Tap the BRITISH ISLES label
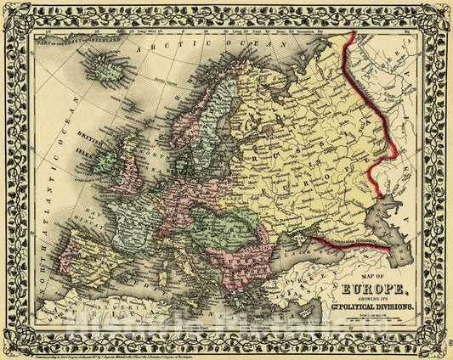(x=88, y=140)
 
